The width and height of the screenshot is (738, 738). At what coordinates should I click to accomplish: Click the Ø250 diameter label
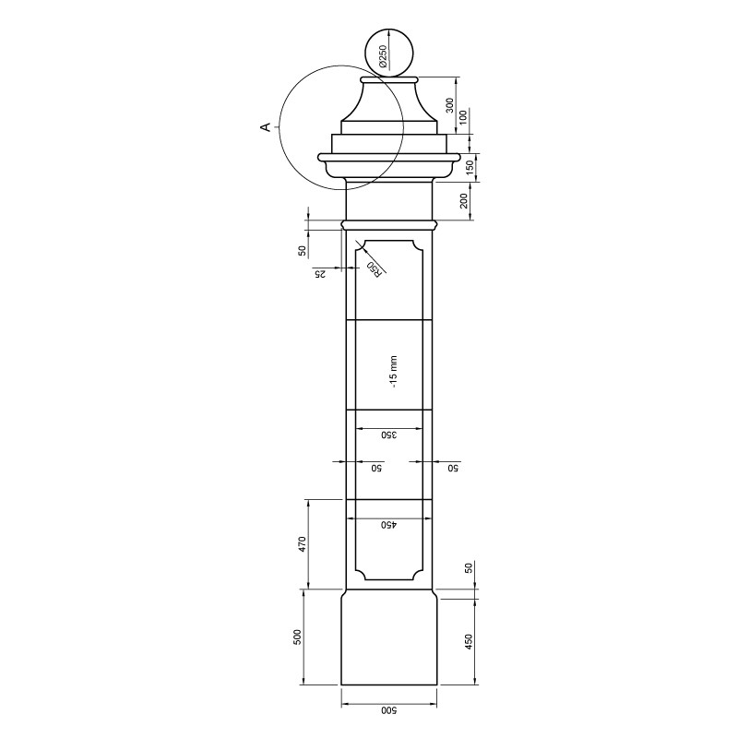[x=382, y=56]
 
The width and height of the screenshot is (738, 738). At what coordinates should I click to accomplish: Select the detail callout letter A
[x=266, y=127]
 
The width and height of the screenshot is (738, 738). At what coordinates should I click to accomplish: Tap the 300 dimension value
[x=449, y=105]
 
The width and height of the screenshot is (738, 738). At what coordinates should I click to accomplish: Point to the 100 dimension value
[x=464, y=117]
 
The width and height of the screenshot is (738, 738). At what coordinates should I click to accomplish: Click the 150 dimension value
[x=470, y=168]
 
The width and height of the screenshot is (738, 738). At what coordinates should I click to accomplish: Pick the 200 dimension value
[x=464, y=201]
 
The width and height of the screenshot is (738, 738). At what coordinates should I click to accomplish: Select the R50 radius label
[x=374, y=268]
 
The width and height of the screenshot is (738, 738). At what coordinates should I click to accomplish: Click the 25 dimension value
[x=319, y=273]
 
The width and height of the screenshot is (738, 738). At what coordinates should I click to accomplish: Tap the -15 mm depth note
[x=394, y=372]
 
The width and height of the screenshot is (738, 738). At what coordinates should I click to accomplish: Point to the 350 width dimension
[x=389, y=434]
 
